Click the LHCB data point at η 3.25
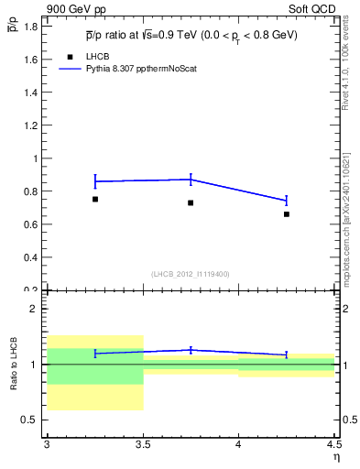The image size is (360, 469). (x=95, y=199)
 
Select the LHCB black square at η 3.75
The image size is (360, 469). (x=191, y=202)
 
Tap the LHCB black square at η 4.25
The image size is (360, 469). (x=287, y=214)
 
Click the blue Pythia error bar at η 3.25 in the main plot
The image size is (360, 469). (x=95, y=181)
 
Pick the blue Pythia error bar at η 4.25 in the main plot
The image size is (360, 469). (x=287, y=201)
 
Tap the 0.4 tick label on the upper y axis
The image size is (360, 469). (x=31, y=257)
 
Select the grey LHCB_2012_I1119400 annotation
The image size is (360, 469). (x=191, y=274)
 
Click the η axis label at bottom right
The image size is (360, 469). (x=335, y=456)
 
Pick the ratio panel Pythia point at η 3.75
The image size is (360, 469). (x=191, y=350)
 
